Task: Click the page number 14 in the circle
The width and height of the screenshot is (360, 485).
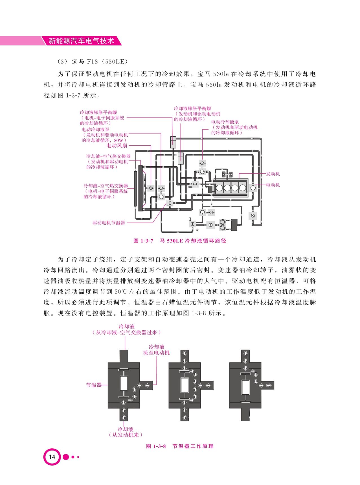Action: [x=52, y=456]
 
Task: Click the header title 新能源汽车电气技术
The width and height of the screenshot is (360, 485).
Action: [x=81, y=41]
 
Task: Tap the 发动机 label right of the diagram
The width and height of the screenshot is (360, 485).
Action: [x=273, y=174]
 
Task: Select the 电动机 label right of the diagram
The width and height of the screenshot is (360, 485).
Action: [x=273, y=185]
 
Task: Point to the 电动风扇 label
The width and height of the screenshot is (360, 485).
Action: [x=117, y=146]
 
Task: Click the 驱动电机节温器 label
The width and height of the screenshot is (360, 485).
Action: [x=109, y=223]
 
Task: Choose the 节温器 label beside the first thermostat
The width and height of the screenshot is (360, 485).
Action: [x=94, y=385]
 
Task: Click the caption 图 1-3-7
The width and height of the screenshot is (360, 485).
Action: [x=143, y=241]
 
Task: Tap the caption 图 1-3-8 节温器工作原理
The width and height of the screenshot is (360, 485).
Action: [x=180, y=446]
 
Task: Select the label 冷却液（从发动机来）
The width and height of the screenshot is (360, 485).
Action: [x=126, y=432]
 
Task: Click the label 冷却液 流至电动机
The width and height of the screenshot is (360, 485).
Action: [x=156, y=350]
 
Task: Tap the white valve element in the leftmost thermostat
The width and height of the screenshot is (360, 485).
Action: [x=124, y=383]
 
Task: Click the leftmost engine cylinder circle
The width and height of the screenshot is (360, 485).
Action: [x=219, y=187]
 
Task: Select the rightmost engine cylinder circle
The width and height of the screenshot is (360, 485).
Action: [x=242, y=187]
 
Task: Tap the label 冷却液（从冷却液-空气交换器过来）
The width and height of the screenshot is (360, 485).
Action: [x=126, y=329]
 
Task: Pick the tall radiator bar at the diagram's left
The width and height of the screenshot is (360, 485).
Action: [x=140, y=188]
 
